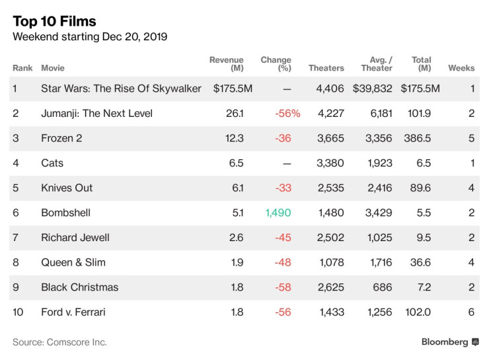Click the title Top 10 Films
point(54,21)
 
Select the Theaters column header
point(326,68)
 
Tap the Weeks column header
point(461,68)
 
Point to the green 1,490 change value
point(278,213)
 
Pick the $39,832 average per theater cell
point(373,89)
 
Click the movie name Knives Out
point(67,188)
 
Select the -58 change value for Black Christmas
point(283,287)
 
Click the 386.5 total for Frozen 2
point(417,138)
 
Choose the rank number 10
point(19,312)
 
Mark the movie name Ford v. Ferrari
point(73,312)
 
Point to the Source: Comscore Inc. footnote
point(59,342)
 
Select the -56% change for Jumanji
point(287,114)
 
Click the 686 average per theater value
point(383,287)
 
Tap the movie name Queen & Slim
point(73,262)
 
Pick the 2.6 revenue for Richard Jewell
point(237,237)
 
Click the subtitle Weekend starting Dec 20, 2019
point(90,37)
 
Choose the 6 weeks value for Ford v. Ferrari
point(471,312)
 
